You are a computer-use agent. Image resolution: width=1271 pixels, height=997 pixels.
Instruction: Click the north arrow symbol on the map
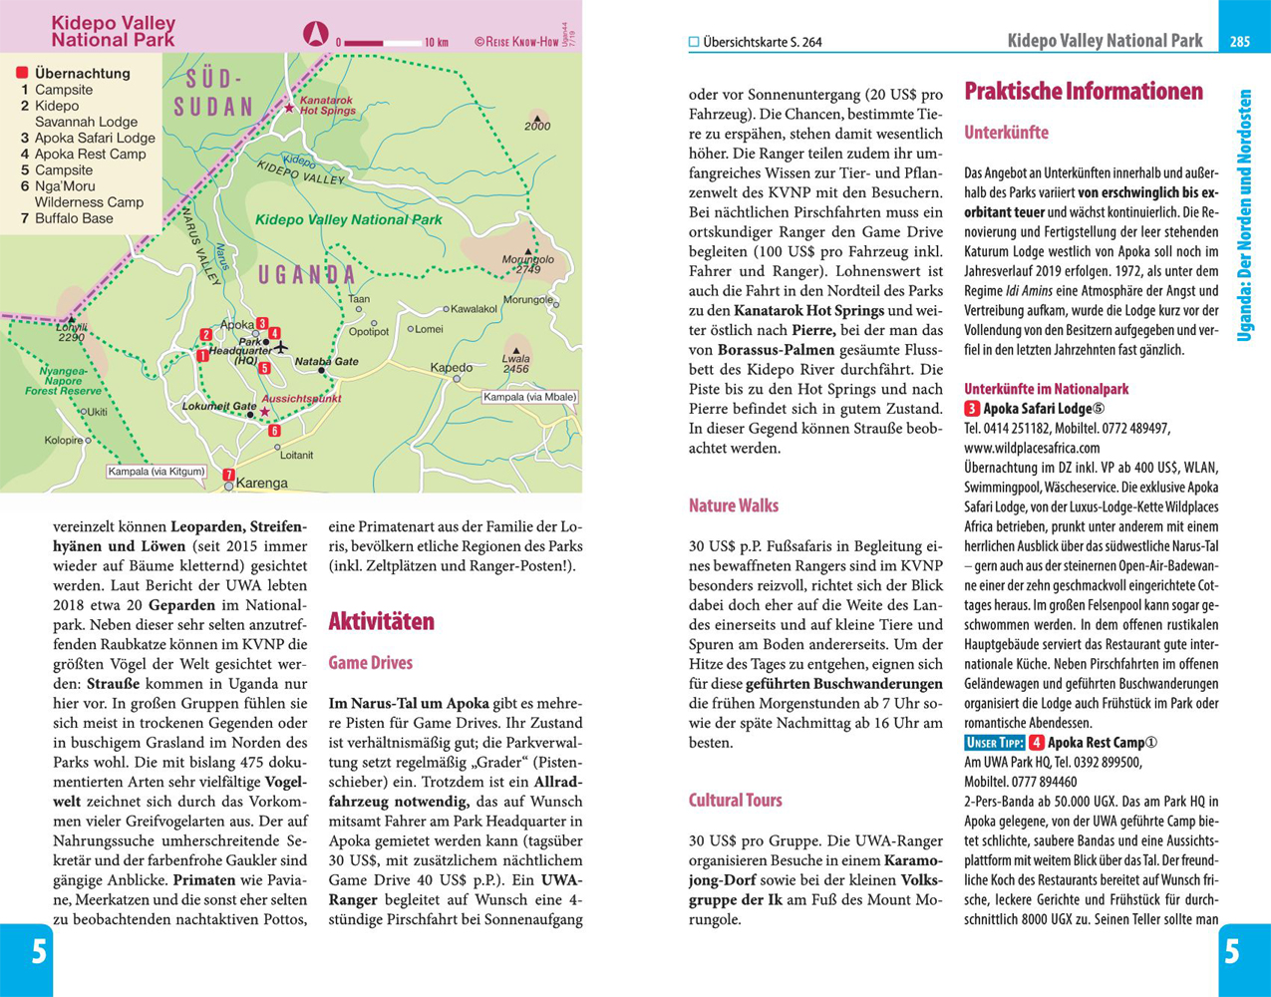(x=315, y=35)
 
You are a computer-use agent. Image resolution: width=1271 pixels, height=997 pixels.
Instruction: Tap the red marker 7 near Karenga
(x=228, y=475)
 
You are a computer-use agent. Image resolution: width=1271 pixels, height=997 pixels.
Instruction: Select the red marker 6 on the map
(x=274, y=432)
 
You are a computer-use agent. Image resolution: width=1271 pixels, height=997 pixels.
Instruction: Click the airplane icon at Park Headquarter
(x=281, y=348)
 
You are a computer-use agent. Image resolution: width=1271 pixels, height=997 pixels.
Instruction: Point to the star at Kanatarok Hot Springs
(x=290, y=108)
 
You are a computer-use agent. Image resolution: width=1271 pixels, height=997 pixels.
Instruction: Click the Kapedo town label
(x=451, y=368)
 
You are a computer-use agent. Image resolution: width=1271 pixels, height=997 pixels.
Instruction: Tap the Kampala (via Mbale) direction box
(x=529, y=397)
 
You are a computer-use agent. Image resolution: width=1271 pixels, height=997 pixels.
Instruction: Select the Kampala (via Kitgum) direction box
(x=157, y=472)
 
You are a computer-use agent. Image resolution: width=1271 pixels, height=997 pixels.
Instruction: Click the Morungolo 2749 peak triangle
(x=528, y=252)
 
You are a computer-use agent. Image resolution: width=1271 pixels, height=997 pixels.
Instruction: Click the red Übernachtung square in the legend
(x=21, y=73)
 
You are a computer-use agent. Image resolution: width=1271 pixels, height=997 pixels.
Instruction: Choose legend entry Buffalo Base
(x=74, y=218)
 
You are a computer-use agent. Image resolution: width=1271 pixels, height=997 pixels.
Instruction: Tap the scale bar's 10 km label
(x=436, y=43)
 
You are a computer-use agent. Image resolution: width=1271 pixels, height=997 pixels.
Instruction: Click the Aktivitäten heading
(x=381, y=621)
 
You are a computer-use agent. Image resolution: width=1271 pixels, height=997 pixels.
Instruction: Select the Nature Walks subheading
(x=733, y=505)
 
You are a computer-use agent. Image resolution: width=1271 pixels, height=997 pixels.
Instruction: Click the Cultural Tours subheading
(x=735, y=800)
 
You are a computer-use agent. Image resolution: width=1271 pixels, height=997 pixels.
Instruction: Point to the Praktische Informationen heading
(x=1083, y=92)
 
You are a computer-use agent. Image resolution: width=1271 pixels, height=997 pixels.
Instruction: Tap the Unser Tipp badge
(x=994, y=743)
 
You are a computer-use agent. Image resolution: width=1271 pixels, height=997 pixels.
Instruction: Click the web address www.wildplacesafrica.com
(x=1032, y=448)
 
